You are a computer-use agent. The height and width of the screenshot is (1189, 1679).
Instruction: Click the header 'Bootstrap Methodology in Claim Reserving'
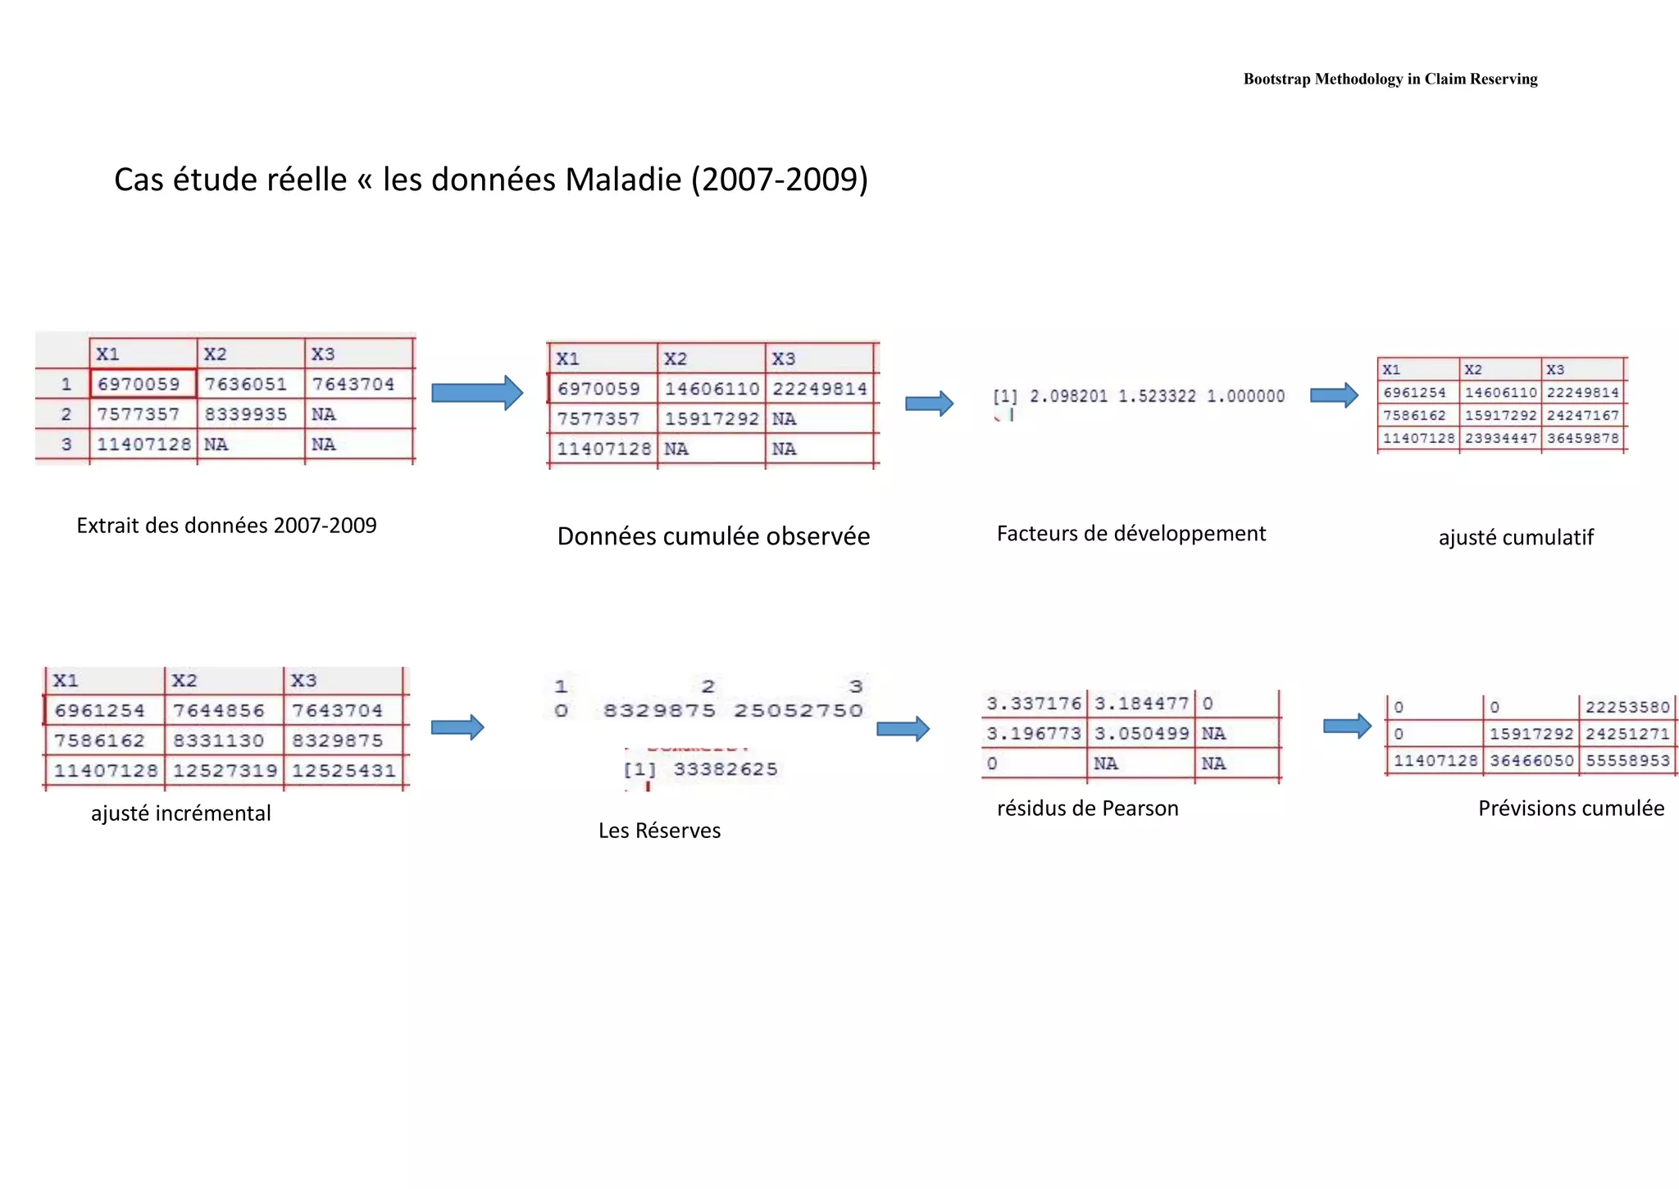[1390, 80]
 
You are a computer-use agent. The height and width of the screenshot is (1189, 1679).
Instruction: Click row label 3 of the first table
[66, 444]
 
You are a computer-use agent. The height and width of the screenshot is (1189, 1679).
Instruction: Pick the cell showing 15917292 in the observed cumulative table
[711, 419]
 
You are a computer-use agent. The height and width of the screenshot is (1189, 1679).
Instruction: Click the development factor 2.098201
[1068, 397]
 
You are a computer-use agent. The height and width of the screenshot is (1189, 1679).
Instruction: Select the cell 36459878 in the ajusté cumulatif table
[1582, 439]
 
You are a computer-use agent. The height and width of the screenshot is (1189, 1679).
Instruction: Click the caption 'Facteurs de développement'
[1131, 534]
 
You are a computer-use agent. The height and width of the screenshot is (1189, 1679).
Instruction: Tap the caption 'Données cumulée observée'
[713, 536]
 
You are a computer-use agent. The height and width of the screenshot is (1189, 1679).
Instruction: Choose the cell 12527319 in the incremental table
[225, 771]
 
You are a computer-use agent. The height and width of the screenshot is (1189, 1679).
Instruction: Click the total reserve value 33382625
[725, 769]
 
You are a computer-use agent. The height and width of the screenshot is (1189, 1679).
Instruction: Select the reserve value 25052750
[798, 711]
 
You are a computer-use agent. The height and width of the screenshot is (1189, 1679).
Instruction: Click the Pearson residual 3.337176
[1034, 704]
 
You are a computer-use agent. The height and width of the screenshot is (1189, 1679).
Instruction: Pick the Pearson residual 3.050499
[1141, 734]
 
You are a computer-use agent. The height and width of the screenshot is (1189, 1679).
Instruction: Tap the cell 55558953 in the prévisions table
[1627, 761]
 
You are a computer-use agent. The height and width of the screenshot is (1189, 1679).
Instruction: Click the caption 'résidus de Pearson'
[1087, 809]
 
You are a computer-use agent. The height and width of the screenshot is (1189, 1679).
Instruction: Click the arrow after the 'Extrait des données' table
[477, 393]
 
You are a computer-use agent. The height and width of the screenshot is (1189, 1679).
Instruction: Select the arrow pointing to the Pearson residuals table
[903, 728]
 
